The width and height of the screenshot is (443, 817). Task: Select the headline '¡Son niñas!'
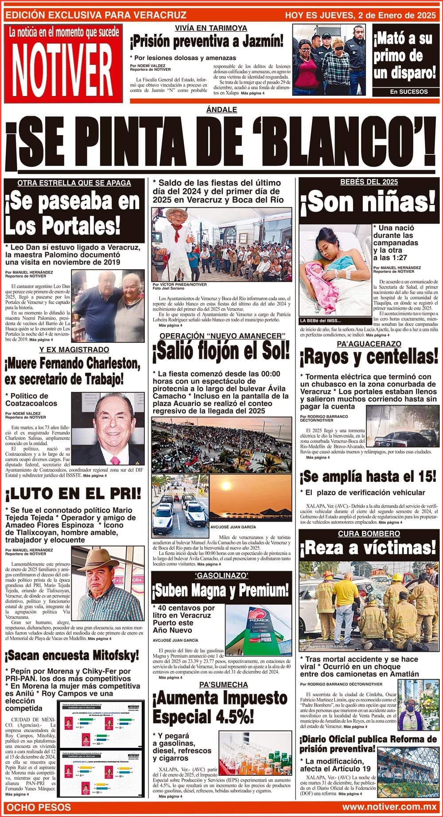click(368, 202)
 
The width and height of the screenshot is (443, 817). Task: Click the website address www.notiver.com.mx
click(389, 807)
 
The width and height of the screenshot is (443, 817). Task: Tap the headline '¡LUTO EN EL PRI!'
click(73, 493)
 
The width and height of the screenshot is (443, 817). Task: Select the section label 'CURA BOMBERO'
click(369, 534)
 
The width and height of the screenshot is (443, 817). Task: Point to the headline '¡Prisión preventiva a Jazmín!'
click(206, 43)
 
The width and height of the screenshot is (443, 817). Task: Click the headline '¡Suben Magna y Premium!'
click(221, 590)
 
